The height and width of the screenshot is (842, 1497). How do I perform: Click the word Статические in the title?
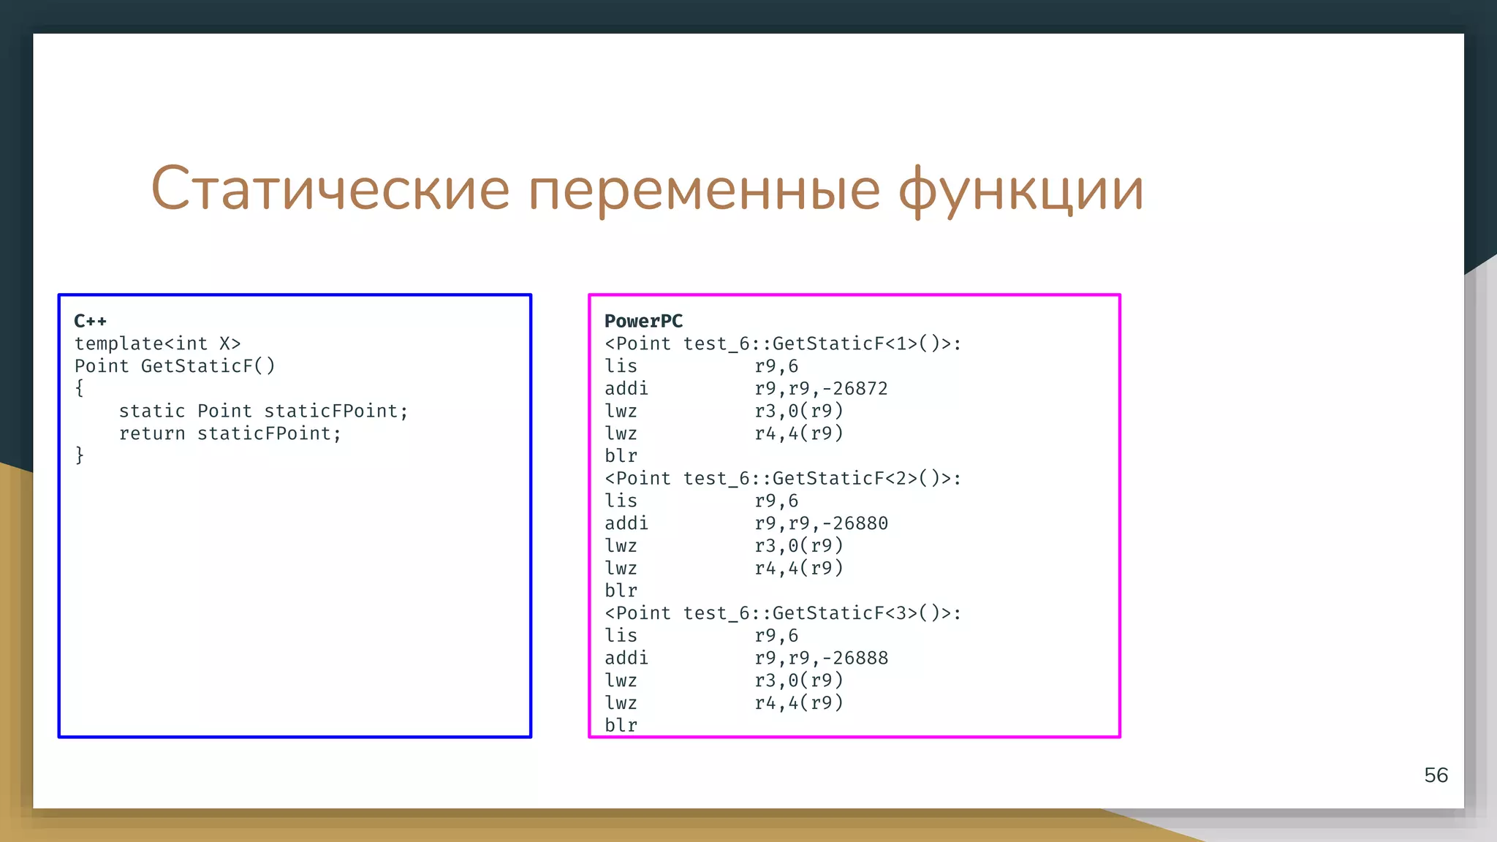330,189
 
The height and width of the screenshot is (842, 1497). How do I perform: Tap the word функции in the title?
1020,189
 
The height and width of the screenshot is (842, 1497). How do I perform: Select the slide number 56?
1436,775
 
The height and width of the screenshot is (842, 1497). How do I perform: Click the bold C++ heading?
91,321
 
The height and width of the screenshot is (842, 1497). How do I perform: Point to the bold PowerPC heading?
643,321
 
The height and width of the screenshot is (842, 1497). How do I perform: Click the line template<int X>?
157,344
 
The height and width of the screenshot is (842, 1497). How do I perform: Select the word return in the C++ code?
152,433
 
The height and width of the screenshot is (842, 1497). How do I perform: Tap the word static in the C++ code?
152,411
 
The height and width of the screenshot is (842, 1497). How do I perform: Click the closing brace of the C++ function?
80,455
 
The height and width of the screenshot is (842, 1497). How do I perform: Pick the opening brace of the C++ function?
80,388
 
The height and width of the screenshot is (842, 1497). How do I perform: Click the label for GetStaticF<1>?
783,344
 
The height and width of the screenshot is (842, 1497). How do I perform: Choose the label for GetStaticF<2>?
783,478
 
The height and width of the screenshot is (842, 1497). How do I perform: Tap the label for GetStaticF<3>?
783,612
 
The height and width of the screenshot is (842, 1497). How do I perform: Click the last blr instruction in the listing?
621,725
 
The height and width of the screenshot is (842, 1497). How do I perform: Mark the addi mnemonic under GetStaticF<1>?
626,388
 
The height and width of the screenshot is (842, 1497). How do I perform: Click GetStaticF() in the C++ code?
208,365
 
